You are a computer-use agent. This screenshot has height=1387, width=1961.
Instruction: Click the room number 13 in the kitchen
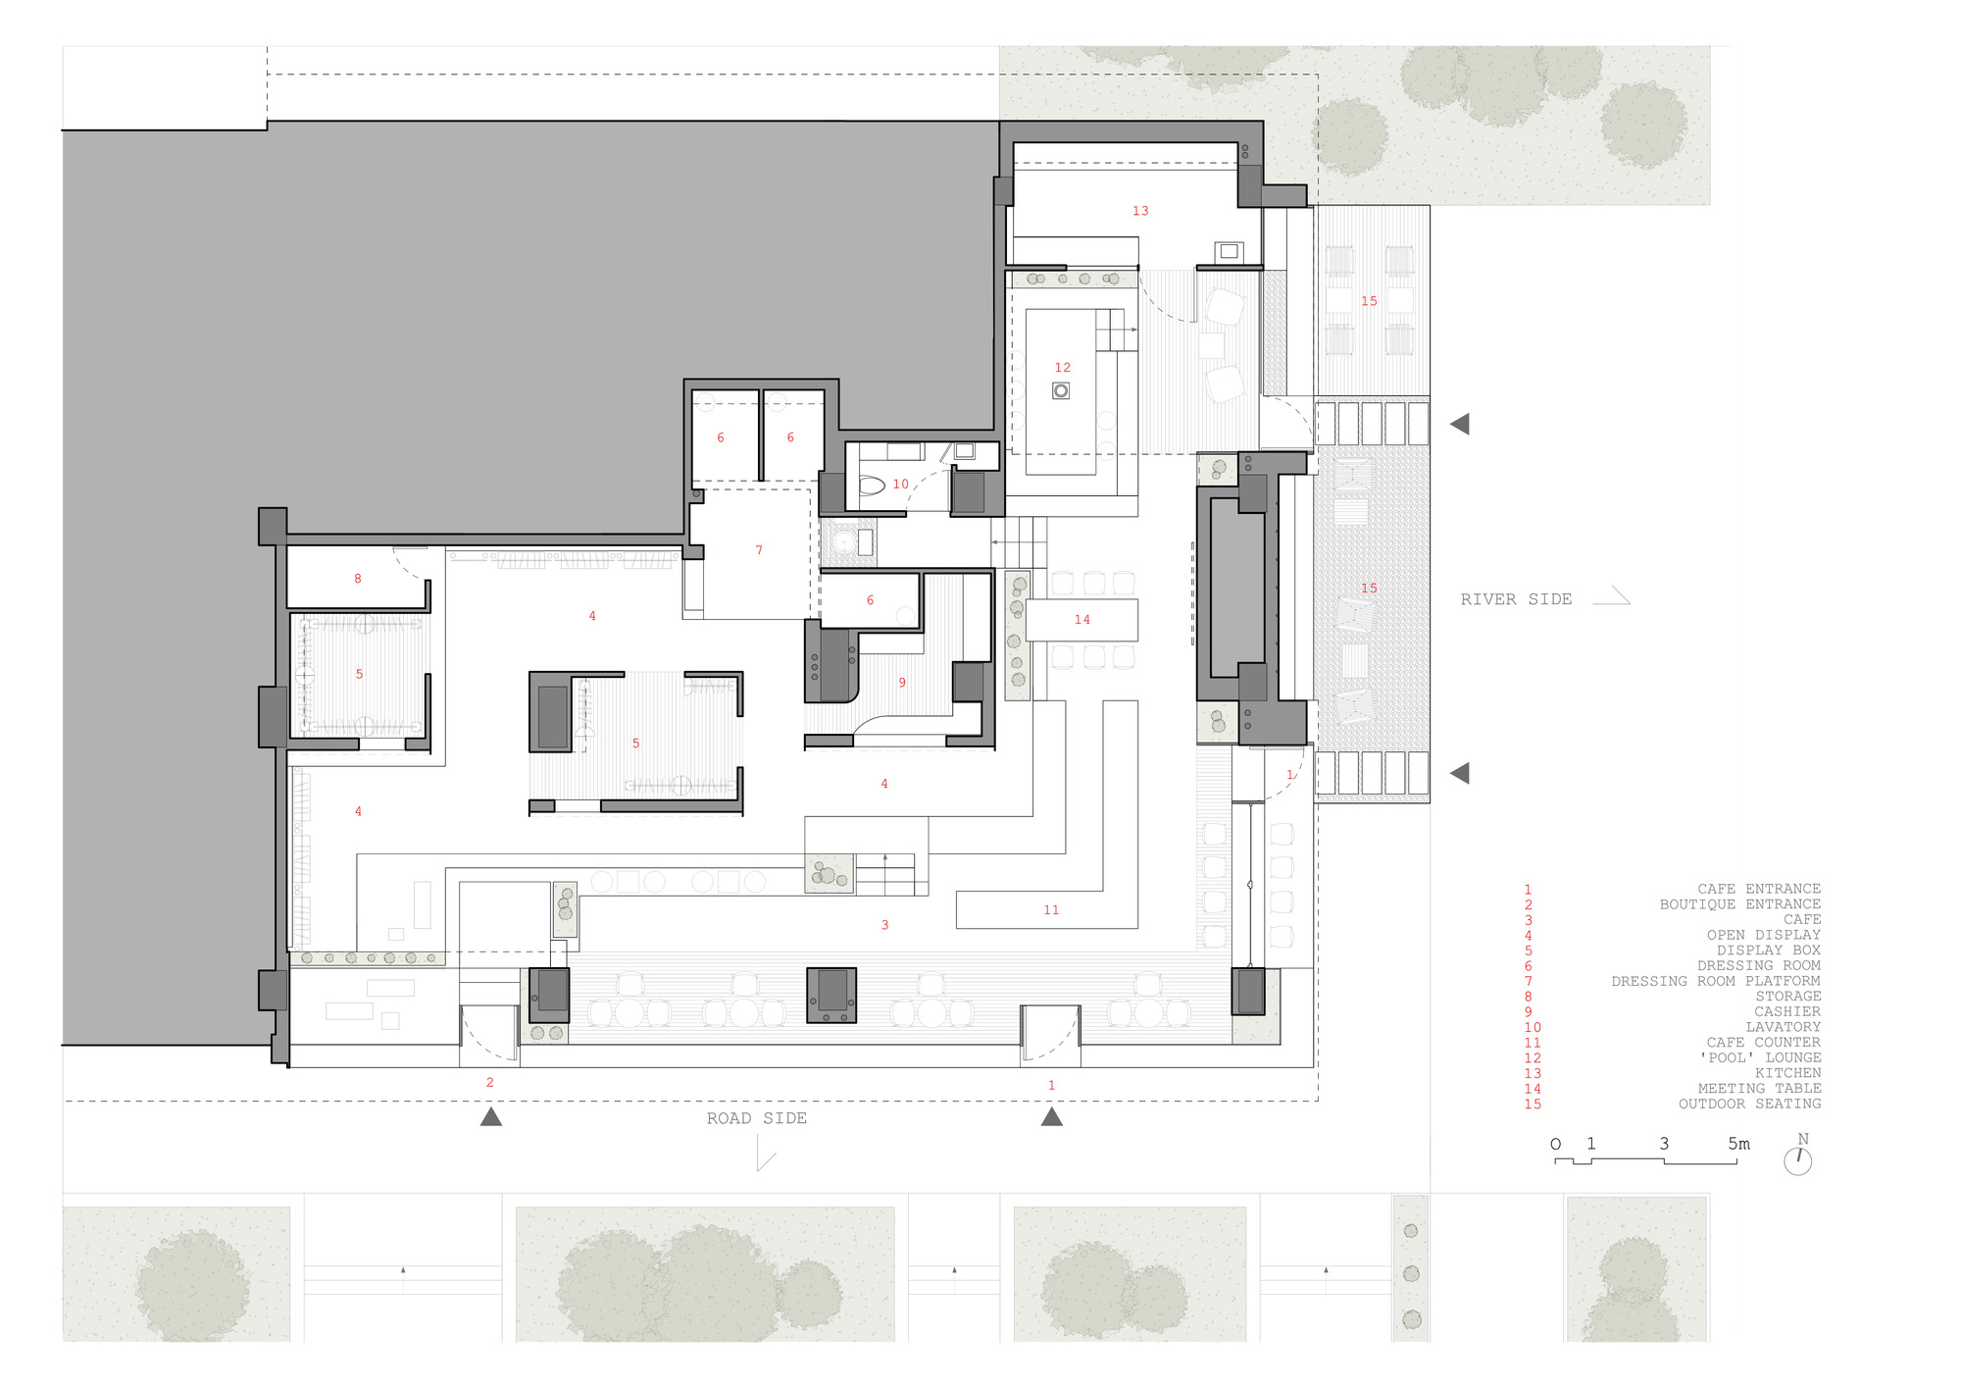click(x=1140, y=211)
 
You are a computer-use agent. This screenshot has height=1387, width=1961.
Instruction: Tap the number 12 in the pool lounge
click(x=1063, y=368)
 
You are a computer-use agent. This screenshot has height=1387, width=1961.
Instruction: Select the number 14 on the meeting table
click(x=1082, y=620)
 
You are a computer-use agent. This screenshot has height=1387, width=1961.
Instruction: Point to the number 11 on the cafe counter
click(x=1051, y=910)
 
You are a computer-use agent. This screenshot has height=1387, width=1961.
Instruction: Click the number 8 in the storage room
click(x=358, y=579)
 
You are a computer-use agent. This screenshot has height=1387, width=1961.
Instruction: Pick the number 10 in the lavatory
click(x=901, y=484)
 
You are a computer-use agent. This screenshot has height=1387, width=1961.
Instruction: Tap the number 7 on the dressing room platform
click(x=759, y=550)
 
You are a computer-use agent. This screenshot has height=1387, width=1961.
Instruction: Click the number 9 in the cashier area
click(x=902, y=683)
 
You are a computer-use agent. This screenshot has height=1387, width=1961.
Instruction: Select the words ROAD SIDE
click(x=757, y=1118)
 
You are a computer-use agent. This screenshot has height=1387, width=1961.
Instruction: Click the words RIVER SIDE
click(x=1516, y=599)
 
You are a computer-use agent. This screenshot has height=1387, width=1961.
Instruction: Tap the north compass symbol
click(x=1798, y=1156)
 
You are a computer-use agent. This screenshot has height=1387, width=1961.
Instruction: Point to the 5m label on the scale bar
click(x=1738, y=1144)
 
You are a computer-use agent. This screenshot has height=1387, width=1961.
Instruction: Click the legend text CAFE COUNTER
click(x=1763, y=1043)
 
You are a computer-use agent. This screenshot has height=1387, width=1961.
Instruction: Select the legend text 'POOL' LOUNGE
click(x=1760, y=1057)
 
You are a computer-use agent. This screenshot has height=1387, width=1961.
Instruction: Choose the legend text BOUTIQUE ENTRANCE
click(x=1740, y=904)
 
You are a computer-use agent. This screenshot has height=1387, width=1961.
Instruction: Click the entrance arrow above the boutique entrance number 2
click(x=491, y=1116)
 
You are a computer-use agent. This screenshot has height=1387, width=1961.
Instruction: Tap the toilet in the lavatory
click(x=872, y=485)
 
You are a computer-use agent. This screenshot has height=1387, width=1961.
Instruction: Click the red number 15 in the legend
click(x=1533, y=1104)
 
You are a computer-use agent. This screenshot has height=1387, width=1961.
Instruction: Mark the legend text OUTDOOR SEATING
click(x=1750, y=1104)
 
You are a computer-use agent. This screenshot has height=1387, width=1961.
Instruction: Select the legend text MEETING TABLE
click(x=1760, y=1089)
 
